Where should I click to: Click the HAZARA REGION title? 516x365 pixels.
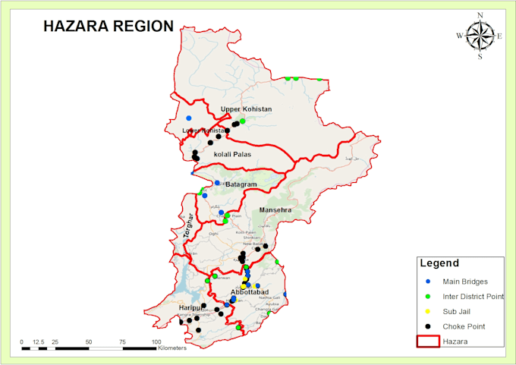click(109, 25)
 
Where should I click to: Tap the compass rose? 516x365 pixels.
click(480, 36)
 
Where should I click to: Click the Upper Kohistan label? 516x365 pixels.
click(246, 110)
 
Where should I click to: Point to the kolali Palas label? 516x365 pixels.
click(232, 155)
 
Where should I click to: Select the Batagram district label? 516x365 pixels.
click(241, 185)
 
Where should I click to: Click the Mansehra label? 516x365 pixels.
click(275, 209)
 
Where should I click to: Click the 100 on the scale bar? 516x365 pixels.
click(156, 342)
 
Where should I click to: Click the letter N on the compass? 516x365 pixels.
click(480, 15)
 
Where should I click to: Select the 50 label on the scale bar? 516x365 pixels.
click(89, 342)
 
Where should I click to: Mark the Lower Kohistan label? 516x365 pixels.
click(203, 131)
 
